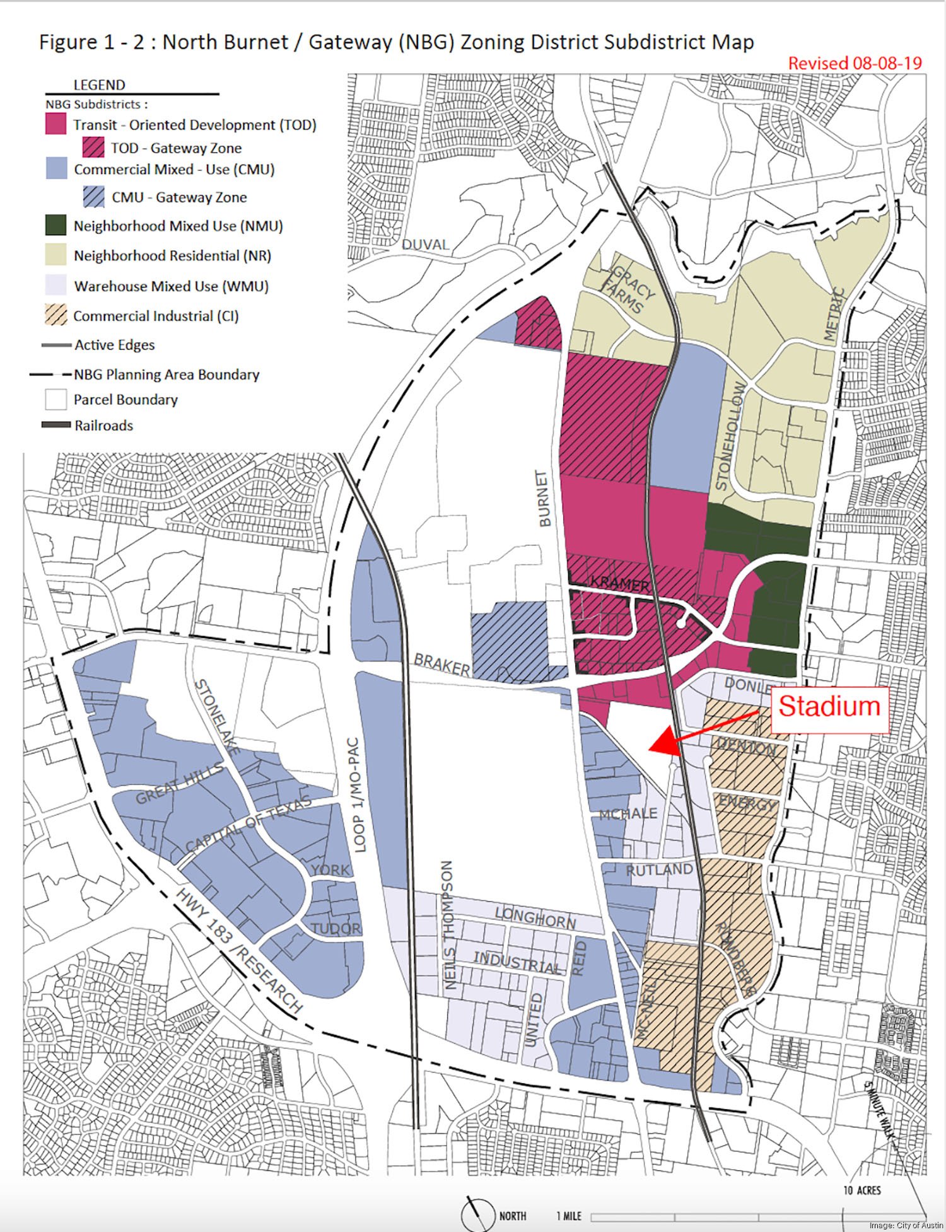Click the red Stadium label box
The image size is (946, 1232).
click(x=829, y=707)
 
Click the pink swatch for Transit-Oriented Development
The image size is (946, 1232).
click(x=55, y=124)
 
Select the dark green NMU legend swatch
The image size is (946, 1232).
click(x=55, y=226)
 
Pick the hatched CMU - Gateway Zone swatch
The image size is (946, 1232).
click(x=93, y=197)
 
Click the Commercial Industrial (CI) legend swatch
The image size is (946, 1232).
click(x=55, y=315)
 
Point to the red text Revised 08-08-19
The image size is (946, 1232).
click(x=855, y=63)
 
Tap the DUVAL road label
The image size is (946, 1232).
click(x=425, y=245)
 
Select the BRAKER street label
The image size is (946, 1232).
click(x=442, y=664)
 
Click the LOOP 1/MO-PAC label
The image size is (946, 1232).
click(x=358, y=795)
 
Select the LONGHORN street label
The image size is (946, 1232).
click(x=535, y=918)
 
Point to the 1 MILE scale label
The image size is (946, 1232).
click(x=568, y=1216)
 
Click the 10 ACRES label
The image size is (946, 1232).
click(x=862, y=1190)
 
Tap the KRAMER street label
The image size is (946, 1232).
click(x=619, y=583)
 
